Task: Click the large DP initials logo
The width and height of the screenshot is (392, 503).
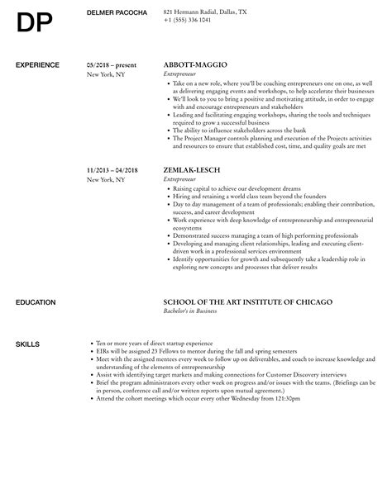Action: click(x=34, y=25)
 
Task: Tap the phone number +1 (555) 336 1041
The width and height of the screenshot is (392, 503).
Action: click(x=188, y=19)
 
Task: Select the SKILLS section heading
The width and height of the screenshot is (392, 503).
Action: click(x=27, y=320)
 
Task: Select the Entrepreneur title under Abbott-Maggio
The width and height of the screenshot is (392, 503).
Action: click(x=183, y=74)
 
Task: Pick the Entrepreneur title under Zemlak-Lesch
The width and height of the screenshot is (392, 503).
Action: click(x=183, y=178)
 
